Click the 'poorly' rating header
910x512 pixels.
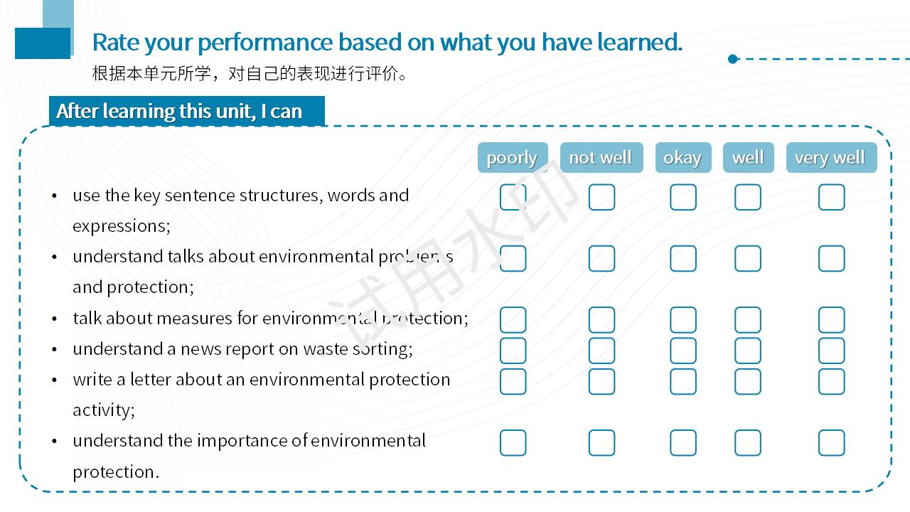(x=513, y=158)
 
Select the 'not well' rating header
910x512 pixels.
(x=601, y=158)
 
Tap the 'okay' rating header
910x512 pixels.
(x=683, y=158)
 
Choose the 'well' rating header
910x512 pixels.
(x=749, y=158)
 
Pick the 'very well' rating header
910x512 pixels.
(x=831, y=158)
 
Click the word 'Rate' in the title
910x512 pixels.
(x=116, y=42)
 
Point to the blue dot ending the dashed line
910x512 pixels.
(x=733, y=59)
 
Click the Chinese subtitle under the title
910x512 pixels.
(x=250, y=73)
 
